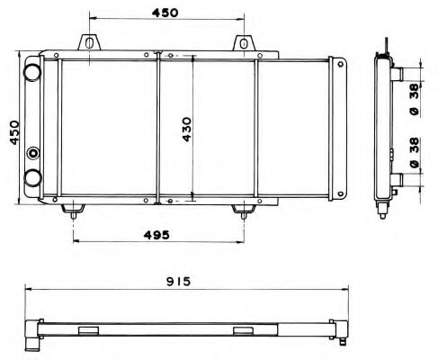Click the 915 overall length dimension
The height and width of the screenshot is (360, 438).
tap(178, 282)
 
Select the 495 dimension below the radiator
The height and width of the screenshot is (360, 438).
tap(156, 235)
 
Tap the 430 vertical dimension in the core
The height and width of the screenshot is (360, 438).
tap(187, 130)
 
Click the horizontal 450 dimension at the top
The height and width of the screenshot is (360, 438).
tap(165, 13)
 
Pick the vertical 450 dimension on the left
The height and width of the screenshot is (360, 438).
tap(14, 132)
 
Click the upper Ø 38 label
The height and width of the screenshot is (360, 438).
tap(415, 100)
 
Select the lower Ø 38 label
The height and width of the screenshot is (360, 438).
tap(415, 153)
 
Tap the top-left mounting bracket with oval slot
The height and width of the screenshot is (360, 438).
tap(89, 42)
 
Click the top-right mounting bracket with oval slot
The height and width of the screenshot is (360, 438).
tap(244, 43)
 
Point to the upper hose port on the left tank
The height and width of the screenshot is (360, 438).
tap(32, 72)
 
